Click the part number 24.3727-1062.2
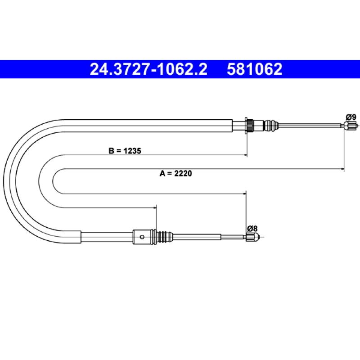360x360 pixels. click(x=148, y=69)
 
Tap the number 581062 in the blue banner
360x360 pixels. click(x=255, y=69)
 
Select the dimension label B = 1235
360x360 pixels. click(x=125, y=151)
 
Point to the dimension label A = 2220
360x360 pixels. click(x=176, y=173)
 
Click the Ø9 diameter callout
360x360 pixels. click(x=351, y=117)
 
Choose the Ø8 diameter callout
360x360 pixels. click(x=252, y=229)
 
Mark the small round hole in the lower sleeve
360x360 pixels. click(x=142, y=237)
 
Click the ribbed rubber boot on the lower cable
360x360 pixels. click(x=164, y=237)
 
